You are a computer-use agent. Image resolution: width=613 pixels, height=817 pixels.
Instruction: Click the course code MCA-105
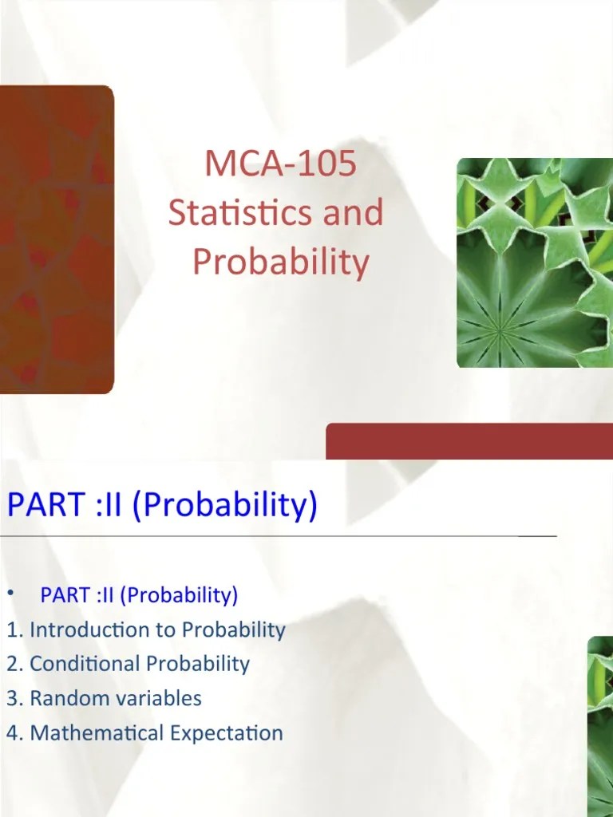click(x=280, y=164)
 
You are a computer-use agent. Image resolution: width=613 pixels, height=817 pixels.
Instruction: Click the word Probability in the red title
click(x=280, y=262)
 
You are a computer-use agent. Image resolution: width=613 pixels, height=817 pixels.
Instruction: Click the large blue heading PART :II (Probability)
click(x=162, y=504)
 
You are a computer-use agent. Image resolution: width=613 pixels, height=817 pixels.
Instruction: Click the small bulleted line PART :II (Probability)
click(x=139, y=595)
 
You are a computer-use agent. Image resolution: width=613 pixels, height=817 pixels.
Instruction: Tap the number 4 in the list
click(x=13, y=732)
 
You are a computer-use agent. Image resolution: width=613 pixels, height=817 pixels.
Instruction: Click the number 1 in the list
click(x=13, y=630)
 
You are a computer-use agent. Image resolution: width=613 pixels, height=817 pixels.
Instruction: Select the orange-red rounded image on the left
click(x=56, y=239)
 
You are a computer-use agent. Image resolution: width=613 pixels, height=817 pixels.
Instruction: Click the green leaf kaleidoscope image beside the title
click(x=534, y=262)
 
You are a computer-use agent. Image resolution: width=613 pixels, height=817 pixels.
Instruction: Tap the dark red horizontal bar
click(x=469, y=440)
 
